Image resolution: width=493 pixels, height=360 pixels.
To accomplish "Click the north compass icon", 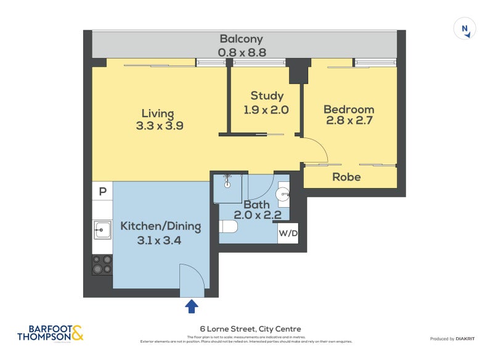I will click(x=465, y=29).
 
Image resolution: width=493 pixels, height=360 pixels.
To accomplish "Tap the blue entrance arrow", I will click(x=192, y=306).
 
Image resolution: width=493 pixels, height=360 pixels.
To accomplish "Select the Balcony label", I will click(x=241, y=39).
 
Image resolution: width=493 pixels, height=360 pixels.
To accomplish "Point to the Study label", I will click(x=267, y=96).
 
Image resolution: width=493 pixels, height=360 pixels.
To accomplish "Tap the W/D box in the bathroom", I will click(x=288, y=234).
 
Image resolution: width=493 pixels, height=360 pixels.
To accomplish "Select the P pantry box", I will click(x=102, y=191).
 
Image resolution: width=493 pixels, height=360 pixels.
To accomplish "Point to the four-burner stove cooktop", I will click(x=102, y=264).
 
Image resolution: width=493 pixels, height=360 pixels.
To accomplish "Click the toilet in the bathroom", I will click(x=229, y=227).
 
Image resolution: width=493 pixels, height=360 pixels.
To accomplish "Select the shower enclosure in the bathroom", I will click(x=227, y=187).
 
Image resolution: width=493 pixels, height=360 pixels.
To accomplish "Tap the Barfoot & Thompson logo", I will click(x=50, y=333).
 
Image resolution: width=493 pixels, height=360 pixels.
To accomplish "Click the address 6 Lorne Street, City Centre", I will click(x=250, y=329).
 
